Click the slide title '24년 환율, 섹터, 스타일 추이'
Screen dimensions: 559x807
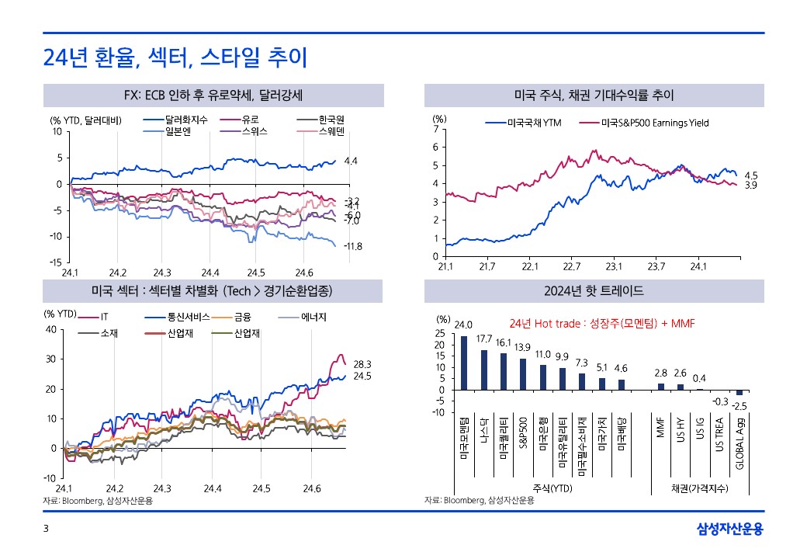click(x=175, y=57)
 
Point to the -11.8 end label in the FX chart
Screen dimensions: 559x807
click(x=353, y=246)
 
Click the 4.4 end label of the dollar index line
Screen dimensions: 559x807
click(x=350, y=161)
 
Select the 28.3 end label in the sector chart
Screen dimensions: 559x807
click(x=362, y=363)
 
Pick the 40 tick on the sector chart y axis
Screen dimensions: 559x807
click(x=51, y=329)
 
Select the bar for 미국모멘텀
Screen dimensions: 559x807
click(x=464, y=363)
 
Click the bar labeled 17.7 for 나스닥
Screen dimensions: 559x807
click(x=484, y=370)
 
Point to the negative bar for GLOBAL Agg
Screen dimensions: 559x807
click(x=739, y=392)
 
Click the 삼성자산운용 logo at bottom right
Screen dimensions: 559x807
click(x=730, y=529)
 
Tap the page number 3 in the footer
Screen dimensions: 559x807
click(x=46, y=529)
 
